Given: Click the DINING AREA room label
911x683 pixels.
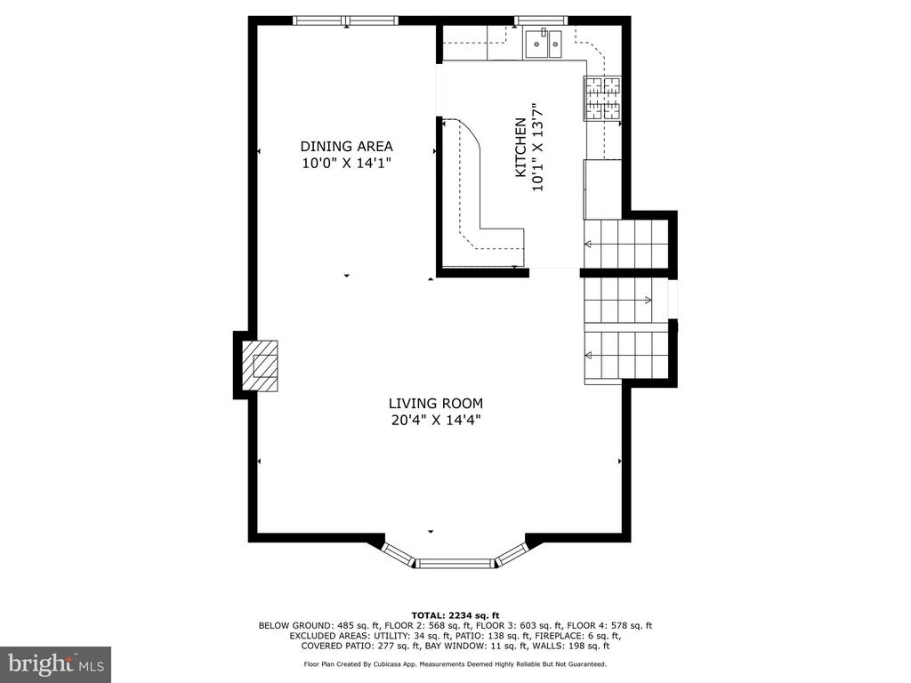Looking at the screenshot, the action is [x=346, y=147].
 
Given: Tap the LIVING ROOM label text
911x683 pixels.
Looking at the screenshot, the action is [x=436, y=403].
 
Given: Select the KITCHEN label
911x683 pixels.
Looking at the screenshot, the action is [x=520, y=148].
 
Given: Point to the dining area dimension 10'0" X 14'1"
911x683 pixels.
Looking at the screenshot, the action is [x=346, y=164].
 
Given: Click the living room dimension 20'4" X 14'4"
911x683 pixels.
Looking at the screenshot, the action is [x=436, y=420].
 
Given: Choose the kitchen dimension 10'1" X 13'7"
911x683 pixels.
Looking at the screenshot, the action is [x=537, y=148].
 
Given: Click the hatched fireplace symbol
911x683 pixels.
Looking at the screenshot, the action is [x=260, y=366].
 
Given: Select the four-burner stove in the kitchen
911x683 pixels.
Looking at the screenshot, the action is [x=602, y=99].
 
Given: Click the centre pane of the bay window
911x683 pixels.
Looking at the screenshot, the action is [x=456, y=562].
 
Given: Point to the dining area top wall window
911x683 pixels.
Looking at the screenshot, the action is [x=346, y=21].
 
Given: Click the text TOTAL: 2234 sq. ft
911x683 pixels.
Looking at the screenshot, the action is [x=455, y=615].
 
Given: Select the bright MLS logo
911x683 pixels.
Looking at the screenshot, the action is [x=56, y=663].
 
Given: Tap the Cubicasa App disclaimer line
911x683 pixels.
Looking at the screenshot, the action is [x=455, y=663].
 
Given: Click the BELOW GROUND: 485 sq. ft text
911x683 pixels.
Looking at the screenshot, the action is [x=319, y=625].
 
